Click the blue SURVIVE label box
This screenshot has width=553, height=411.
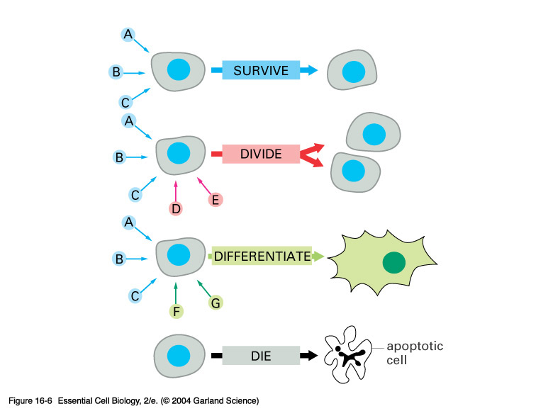(x=261, y=69)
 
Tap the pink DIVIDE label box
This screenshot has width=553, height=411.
(x=261, y=154)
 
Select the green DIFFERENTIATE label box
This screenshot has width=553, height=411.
(x=262, y=256)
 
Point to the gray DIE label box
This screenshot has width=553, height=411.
(x=261, y=355)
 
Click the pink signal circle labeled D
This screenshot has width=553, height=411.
(x=176, y=208)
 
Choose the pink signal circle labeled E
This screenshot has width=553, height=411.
(x=215, y=200)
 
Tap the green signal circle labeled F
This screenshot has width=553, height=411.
(x=177, y=311)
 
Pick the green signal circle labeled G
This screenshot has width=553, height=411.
(x=216, y=303)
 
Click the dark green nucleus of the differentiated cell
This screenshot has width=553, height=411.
(x=394, y=263)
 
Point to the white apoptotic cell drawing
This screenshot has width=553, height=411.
(x=347, y=354)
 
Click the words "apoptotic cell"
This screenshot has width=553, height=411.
(x=415, y=353)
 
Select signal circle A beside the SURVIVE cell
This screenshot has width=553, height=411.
(x=128, y=35)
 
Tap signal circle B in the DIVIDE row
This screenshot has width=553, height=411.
(x=119, y=157)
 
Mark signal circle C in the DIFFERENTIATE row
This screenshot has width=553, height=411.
(x=135, y=295)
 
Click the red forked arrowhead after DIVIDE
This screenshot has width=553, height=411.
(x=312, y=155)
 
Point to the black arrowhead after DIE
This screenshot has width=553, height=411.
(x=309, y=355)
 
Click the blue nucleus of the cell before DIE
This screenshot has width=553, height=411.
(x=179, y=356)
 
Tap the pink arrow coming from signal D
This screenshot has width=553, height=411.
(x=176, y=191)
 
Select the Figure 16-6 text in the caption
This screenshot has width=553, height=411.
(x=30, y=401)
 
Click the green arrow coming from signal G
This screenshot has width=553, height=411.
(x=204, y=288)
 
